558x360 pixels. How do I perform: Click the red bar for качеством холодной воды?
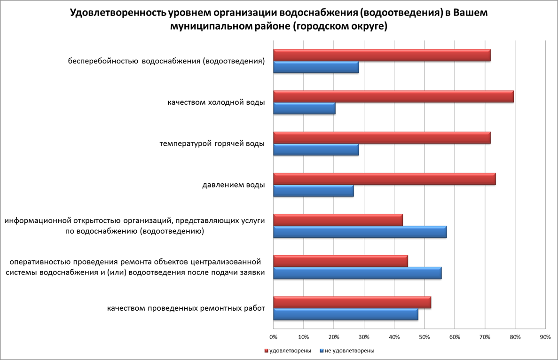click(393, 97)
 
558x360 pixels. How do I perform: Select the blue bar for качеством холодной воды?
click(304, 109)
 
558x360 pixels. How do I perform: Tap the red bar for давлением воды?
click(384, 179)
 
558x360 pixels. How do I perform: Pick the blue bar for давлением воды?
click(313, 191)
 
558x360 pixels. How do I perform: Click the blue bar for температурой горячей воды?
click(316, 150)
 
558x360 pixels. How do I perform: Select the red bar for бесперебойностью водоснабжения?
click(382, 55)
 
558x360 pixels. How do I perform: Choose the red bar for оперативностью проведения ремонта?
click(340, 261)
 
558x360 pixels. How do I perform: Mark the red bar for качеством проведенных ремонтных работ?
click(352, 303)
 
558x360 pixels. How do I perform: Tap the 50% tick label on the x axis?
click(424, 337)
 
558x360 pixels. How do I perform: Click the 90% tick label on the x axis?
click(545, 337)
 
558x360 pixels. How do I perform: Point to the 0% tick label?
click(273, 337)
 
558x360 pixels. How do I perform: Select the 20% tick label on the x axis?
click(333, 337)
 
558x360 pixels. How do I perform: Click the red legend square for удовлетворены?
click(266, 351)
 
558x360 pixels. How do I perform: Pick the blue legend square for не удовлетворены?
click(321, 351)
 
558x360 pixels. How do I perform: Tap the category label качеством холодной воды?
click(216, 102)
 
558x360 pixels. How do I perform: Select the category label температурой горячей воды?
click(212, 143)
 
